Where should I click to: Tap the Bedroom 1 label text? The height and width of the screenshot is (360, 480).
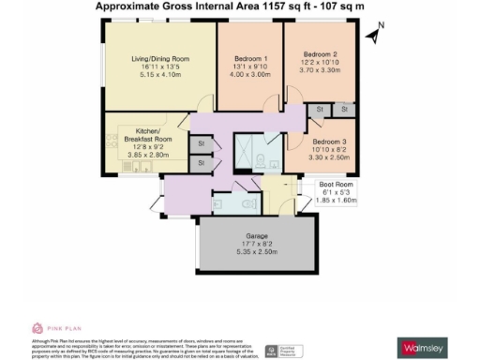[x=250, y=58]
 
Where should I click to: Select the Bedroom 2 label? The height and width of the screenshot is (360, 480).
[x=320, y=53]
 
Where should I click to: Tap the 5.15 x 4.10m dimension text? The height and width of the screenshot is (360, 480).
[x=158, y=76]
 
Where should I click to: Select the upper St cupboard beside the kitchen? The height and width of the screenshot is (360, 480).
[x=201, y=143]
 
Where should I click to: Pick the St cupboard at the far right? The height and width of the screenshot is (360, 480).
[x=344, y=110]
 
